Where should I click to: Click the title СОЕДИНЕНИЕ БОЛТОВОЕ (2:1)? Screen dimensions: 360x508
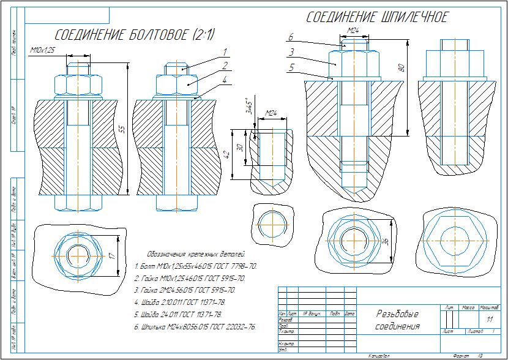pyautogui.click(x=135, y=34)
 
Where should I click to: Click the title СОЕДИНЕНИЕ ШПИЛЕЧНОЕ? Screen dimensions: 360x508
pyautogui.click(x=377, y=17)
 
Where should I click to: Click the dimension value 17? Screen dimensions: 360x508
pyautogui.click(x=112, y=256)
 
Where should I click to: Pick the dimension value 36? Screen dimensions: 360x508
pyautogui.click(x=386, y=242)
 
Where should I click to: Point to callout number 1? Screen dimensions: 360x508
pyautogui.click(x=225, y=51)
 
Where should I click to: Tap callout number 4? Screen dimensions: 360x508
pyautogui.click(x=225, y=80)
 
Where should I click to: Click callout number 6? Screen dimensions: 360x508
pyautogui.click(x=291, y=37)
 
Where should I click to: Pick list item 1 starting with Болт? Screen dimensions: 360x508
pyautogui.click(x=195, y=267)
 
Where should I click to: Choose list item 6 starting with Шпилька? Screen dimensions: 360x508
pyautogui.click(x=195, y=327)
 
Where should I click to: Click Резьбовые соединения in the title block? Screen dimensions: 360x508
pyautogui.click(x=398, y=320)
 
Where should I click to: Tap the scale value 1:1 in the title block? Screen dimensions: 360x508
pyautogui.click(x=489, y=319)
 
